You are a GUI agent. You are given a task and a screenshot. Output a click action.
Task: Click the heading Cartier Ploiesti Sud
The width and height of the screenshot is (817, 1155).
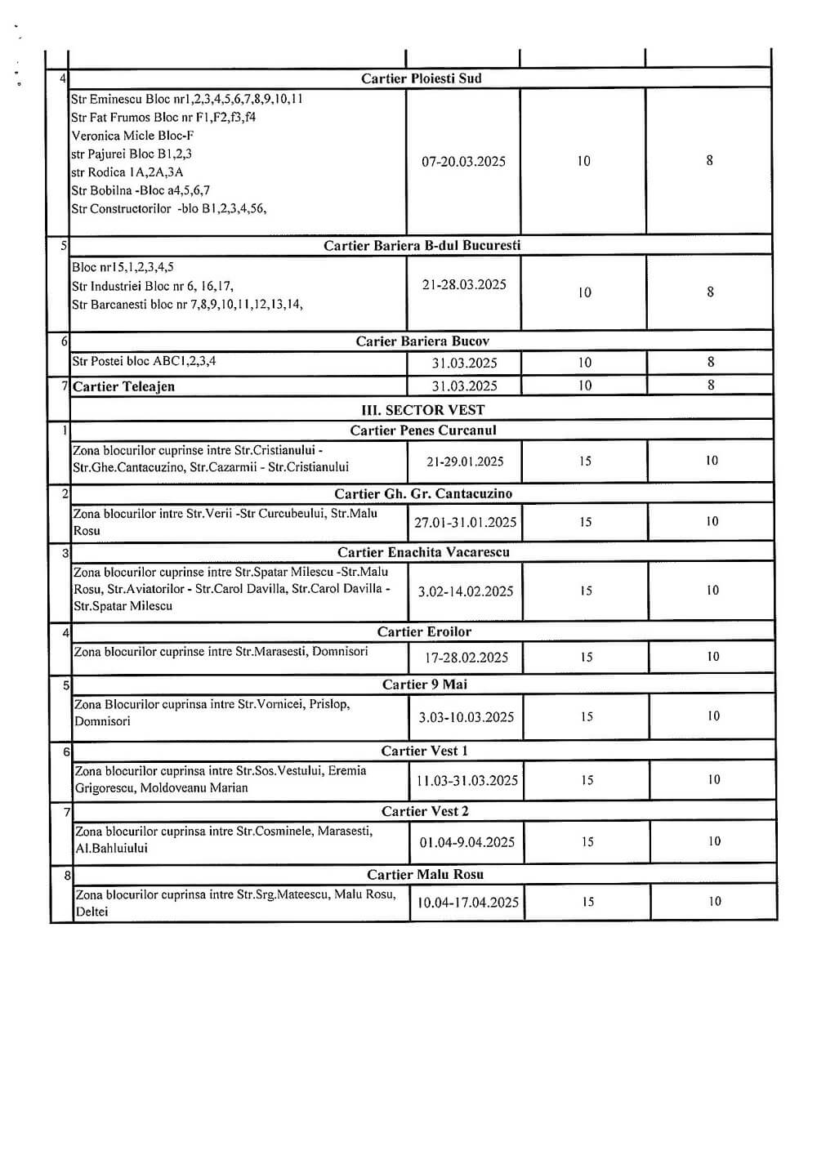[422, 78]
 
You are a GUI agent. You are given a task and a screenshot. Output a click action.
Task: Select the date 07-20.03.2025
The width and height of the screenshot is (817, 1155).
[463, 162]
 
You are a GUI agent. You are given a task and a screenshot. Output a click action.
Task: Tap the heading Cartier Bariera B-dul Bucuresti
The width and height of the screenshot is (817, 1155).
[422, 245]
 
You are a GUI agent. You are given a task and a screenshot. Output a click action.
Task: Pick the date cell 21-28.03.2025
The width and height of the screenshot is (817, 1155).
[464, 285]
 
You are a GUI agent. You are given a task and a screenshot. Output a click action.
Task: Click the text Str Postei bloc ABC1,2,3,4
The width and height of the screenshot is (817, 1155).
[145, 361]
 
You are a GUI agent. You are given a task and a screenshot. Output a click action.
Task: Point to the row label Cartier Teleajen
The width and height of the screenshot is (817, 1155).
[123, 386]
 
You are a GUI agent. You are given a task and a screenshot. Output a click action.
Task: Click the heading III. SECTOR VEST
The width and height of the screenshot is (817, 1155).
[422, 410]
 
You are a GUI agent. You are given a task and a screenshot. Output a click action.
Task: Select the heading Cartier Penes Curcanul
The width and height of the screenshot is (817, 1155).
[423, 430]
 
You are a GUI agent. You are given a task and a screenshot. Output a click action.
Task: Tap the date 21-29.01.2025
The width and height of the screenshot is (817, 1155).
[465, 462]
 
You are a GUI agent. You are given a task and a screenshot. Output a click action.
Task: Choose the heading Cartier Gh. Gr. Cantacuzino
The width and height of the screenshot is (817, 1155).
[423, 493]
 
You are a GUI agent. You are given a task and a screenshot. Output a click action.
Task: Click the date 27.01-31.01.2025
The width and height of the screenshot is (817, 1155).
[465, 523]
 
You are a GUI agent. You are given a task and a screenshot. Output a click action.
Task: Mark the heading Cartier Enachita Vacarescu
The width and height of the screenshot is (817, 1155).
[423, 552]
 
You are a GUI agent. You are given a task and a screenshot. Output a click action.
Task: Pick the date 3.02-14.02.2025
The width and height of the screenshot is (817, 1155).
[466, 591]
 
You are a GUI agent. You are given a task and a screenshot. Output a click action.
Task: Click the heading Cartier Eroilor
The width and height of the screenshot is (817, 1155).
[424, 631]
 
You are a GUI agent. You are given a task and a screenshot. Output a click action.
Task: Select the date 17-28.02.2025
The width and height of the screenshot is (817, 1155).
[467, 658]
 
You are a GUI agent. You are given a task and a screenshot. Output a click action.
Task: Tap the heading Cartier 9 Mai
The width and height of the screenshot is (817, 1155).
[425, 685]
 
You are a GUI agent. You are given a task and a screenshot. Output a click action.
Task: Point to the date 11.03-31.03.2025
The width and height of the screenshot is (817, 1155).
[467, 781]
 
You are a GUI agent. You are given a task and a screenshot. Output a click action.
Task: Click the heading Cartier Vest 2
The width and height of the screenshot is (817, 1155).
[425, 811]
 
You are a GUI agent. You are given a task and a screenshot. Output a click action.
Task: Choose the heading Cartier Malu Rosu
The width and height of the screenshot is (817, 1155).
[425, 874]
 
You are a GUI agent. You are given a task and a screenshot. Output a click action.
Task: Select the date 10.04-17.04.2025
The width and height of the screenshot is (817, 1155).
[468, 903]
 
